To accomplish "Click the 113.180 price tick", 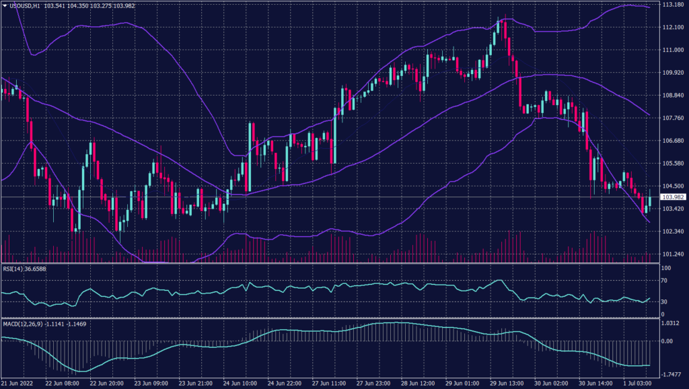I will point(674,5).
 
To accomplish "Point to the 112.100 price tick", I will point(674,28).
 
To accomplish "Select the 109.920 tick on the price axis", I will point(674,73).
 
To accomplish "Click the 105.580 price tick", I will point(674,164).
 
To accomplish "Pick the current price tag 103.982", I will point(674,197).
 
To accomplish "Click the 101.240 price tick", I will point(674,254).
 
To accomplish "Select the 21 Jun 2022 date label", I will point(19,384).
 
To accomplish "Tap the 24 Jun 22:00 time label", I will point(285,384).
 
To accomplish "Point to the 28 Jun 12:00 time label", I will point(416,384).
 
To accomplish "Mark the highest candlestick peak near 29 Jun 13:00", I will point(500,20).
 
